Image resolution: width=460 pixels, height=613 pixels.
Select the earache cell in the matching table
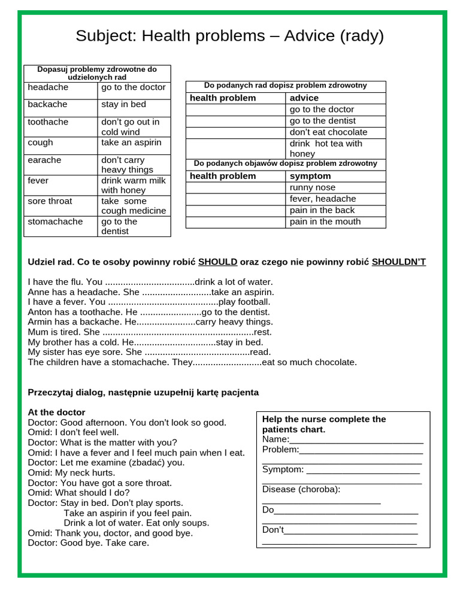[60, 160]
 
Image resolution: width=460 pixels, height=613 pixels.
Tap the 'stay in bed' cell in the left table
[134, 105]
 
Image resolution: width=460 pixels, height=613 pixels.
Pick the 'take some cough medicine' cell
[134, 206]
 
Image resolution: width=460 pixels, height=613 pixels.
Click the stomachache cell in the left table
[60, 222]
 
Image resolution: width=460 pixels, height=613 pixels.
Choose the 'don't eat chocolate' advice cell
[335, 132]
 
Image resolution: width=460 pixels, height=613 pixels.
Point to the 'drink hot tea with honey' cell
[335, 148]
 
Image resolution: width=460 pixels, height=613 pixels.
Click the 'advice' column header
[304, 98]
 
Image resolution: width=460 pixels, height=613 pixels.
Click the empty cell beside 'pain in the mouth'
[235, 222]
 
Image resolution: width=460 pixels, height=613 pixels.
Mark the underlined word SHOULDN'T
[398, 262]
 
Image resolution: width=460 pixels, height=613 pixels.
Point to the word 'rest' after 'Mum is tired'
[263, 332]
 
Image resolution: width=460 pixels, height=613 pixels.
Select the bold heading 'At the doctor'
[56, 412]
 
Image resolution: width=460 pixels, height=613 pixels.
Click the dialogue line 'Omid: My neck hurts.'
[71, 473]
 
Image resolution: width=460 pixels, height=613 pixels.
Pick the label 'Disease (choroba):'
[301, 490]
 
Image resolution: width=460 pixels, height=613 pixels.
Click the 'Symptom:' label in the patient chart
[283, 469]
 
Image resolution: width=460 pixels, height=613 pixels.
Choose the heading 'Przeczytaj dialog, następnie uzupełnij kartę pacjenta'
[143, 393]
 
